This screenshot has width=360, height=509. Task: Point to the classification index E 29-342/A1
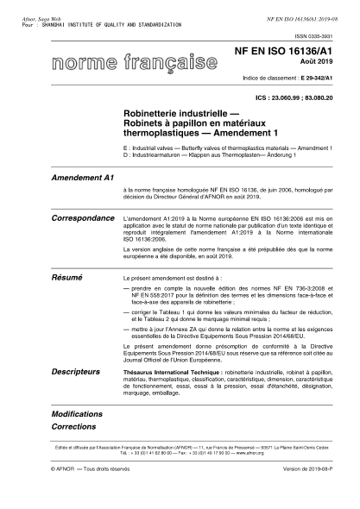click(x=315, y=79)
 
